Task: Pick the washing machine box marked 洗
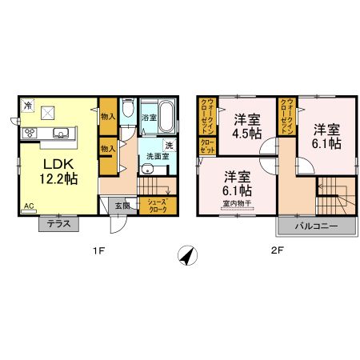point(169,145)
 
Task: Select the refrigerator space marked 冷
point(27,106)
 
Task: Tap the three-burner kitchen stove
point(30,133)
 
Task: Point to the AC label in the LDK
point(28,206)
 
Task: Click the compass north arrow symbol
point(186,255)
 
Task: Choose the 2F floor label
point(277,252)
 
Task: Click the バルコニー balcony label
point(317,227)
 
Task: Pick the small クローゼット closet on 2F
point(206,147)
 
